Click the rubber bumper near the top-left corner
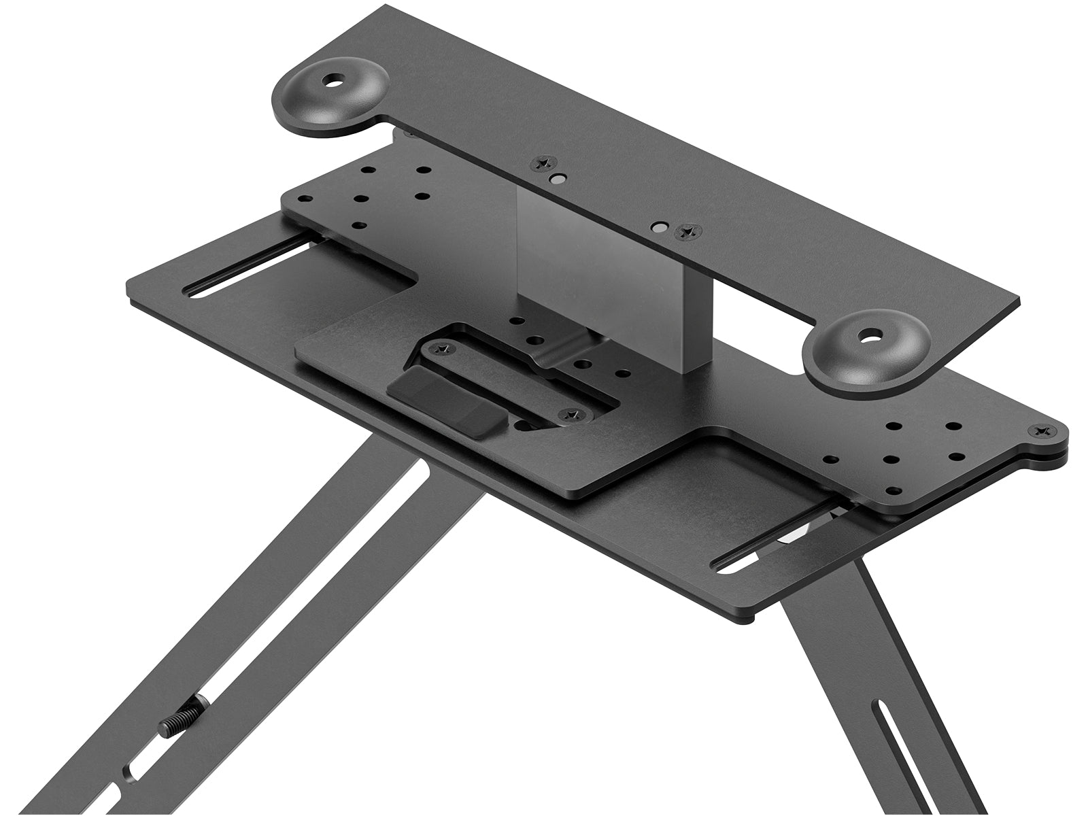(x=333, y=97)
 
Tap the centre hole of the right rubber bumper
(x=868, y=335)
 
